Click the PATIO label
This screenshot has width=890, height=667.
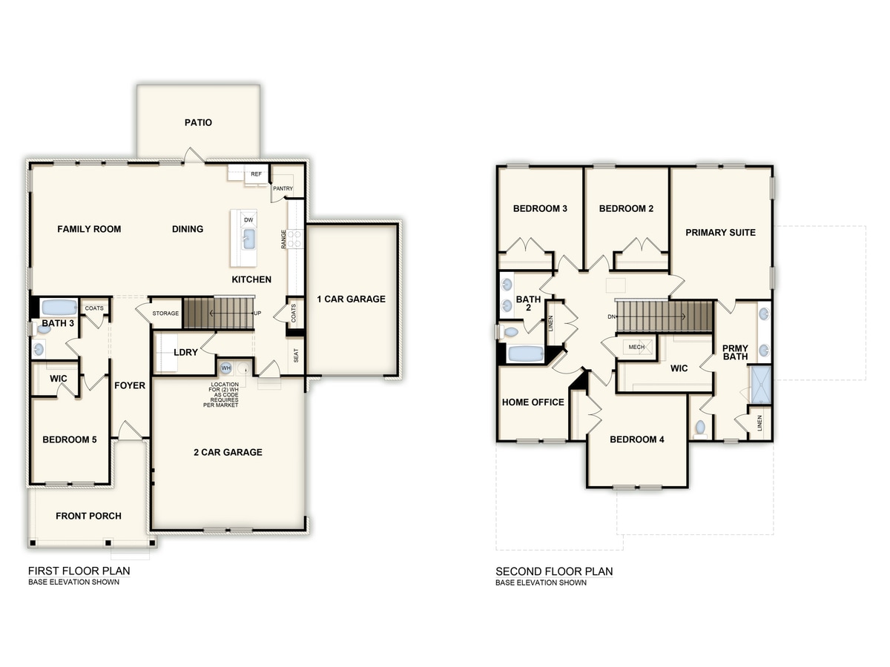(x=198, y=122)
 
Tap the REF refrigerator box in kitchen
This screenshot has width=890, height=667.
(x=256, y=174)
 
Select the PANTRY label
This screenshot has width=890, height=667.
(x=283, y=188)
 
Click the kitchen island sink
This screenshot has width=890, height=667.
(x=249, y=238)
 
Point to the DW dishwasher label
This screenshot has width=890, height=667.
(x=248, y=220)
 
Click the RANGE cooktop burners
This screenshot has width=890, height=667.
(x=294, y=238)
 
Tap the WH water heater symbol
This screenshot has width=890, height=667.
(x=225, y=367)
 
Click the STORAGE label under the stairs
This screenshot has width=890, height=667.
(x=165, y=313)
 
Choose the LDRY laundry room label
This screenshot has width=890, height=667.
(x=185, y=352)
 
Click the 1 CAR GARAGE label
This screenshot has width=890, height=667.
(x=352, y=299)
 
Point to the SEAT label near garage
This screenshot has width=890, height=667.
(x=296, y=356)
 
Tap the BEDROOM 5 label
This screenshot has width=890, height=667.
(x=70, y=439)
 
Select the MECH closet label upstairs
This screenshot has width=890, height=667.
(x=636, y=346)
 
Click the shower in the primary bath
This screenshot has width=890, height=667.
(x=761, y=384)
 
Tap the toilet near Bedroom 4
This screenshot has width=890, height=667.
(x=701, y=428)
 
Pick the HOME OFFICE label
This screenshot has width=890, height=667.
(x=533, y=402)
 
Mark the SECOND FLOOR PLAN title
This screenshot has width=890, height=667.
(x=554, y=571)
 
